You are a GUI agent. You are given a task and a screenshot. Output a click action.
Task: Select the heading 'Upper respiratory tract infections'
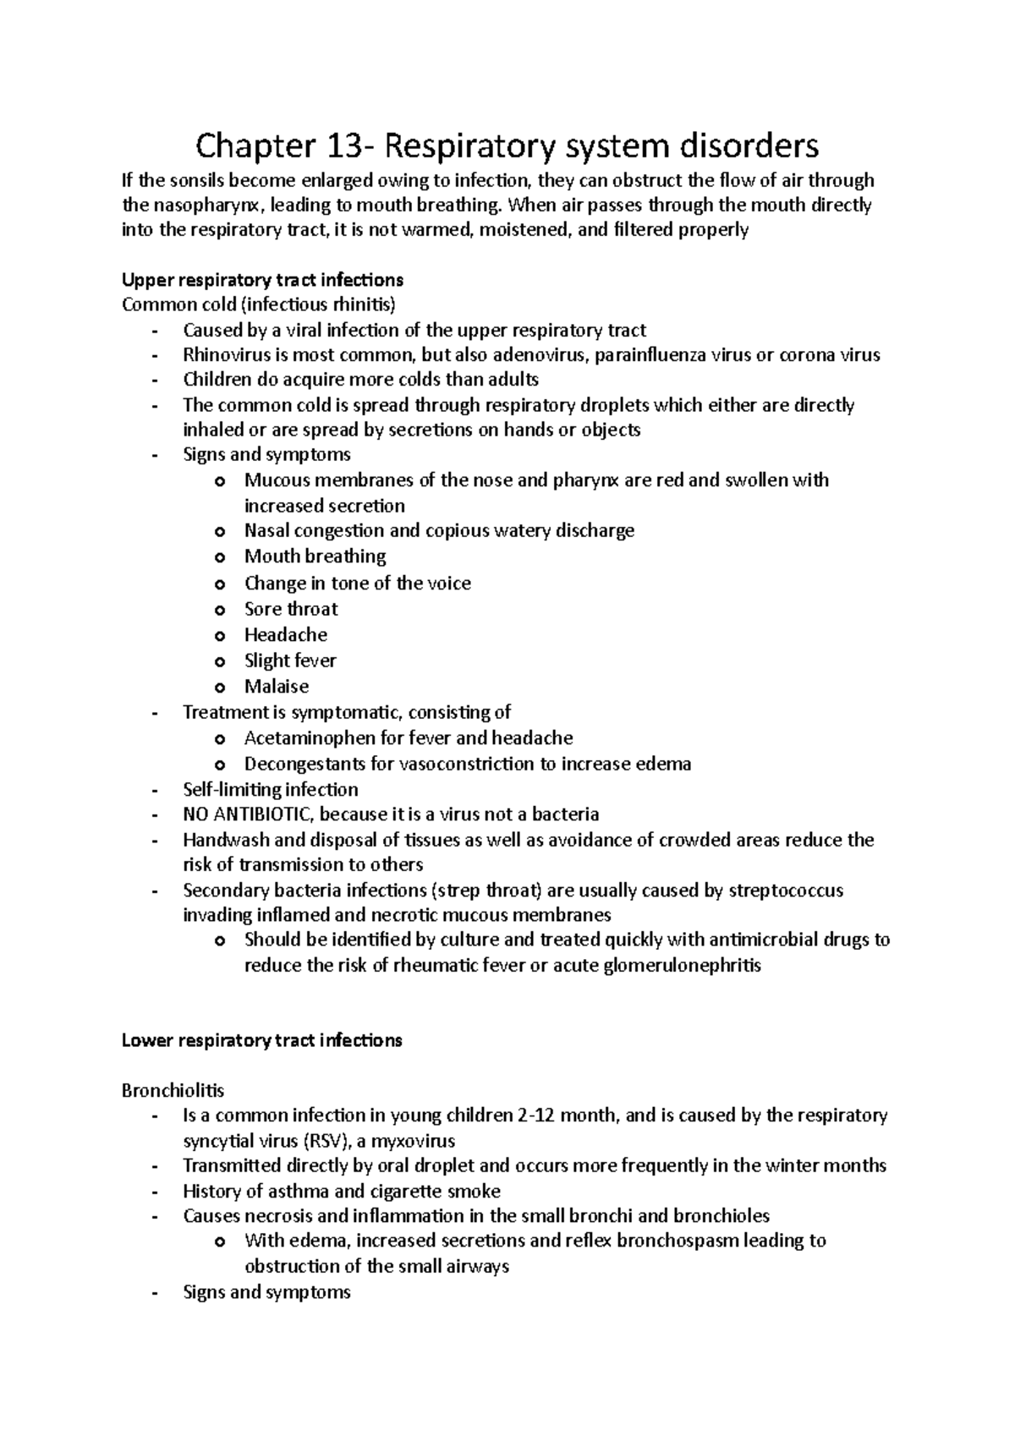tap(262, 280)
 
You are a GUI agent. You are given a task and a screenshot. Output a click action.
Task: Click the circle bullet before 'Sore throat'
tap(221, 611)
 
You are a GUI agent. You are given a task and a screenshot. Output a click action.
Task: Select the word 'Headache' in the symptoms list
tap(286, 635)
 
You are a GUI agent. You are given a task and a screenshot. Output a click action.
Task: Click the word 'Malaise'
tap(277, 687)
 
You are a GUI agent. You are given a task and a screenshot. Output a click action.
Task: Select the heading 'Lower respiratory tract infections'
tap(262, 1041)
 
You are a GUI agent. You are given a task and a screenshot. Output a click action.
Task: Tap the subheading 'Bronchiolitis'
tap(173, 1091)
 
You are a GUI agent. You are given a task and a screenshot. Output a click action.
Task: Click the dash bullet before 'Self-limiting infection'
tap(153, 791)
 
